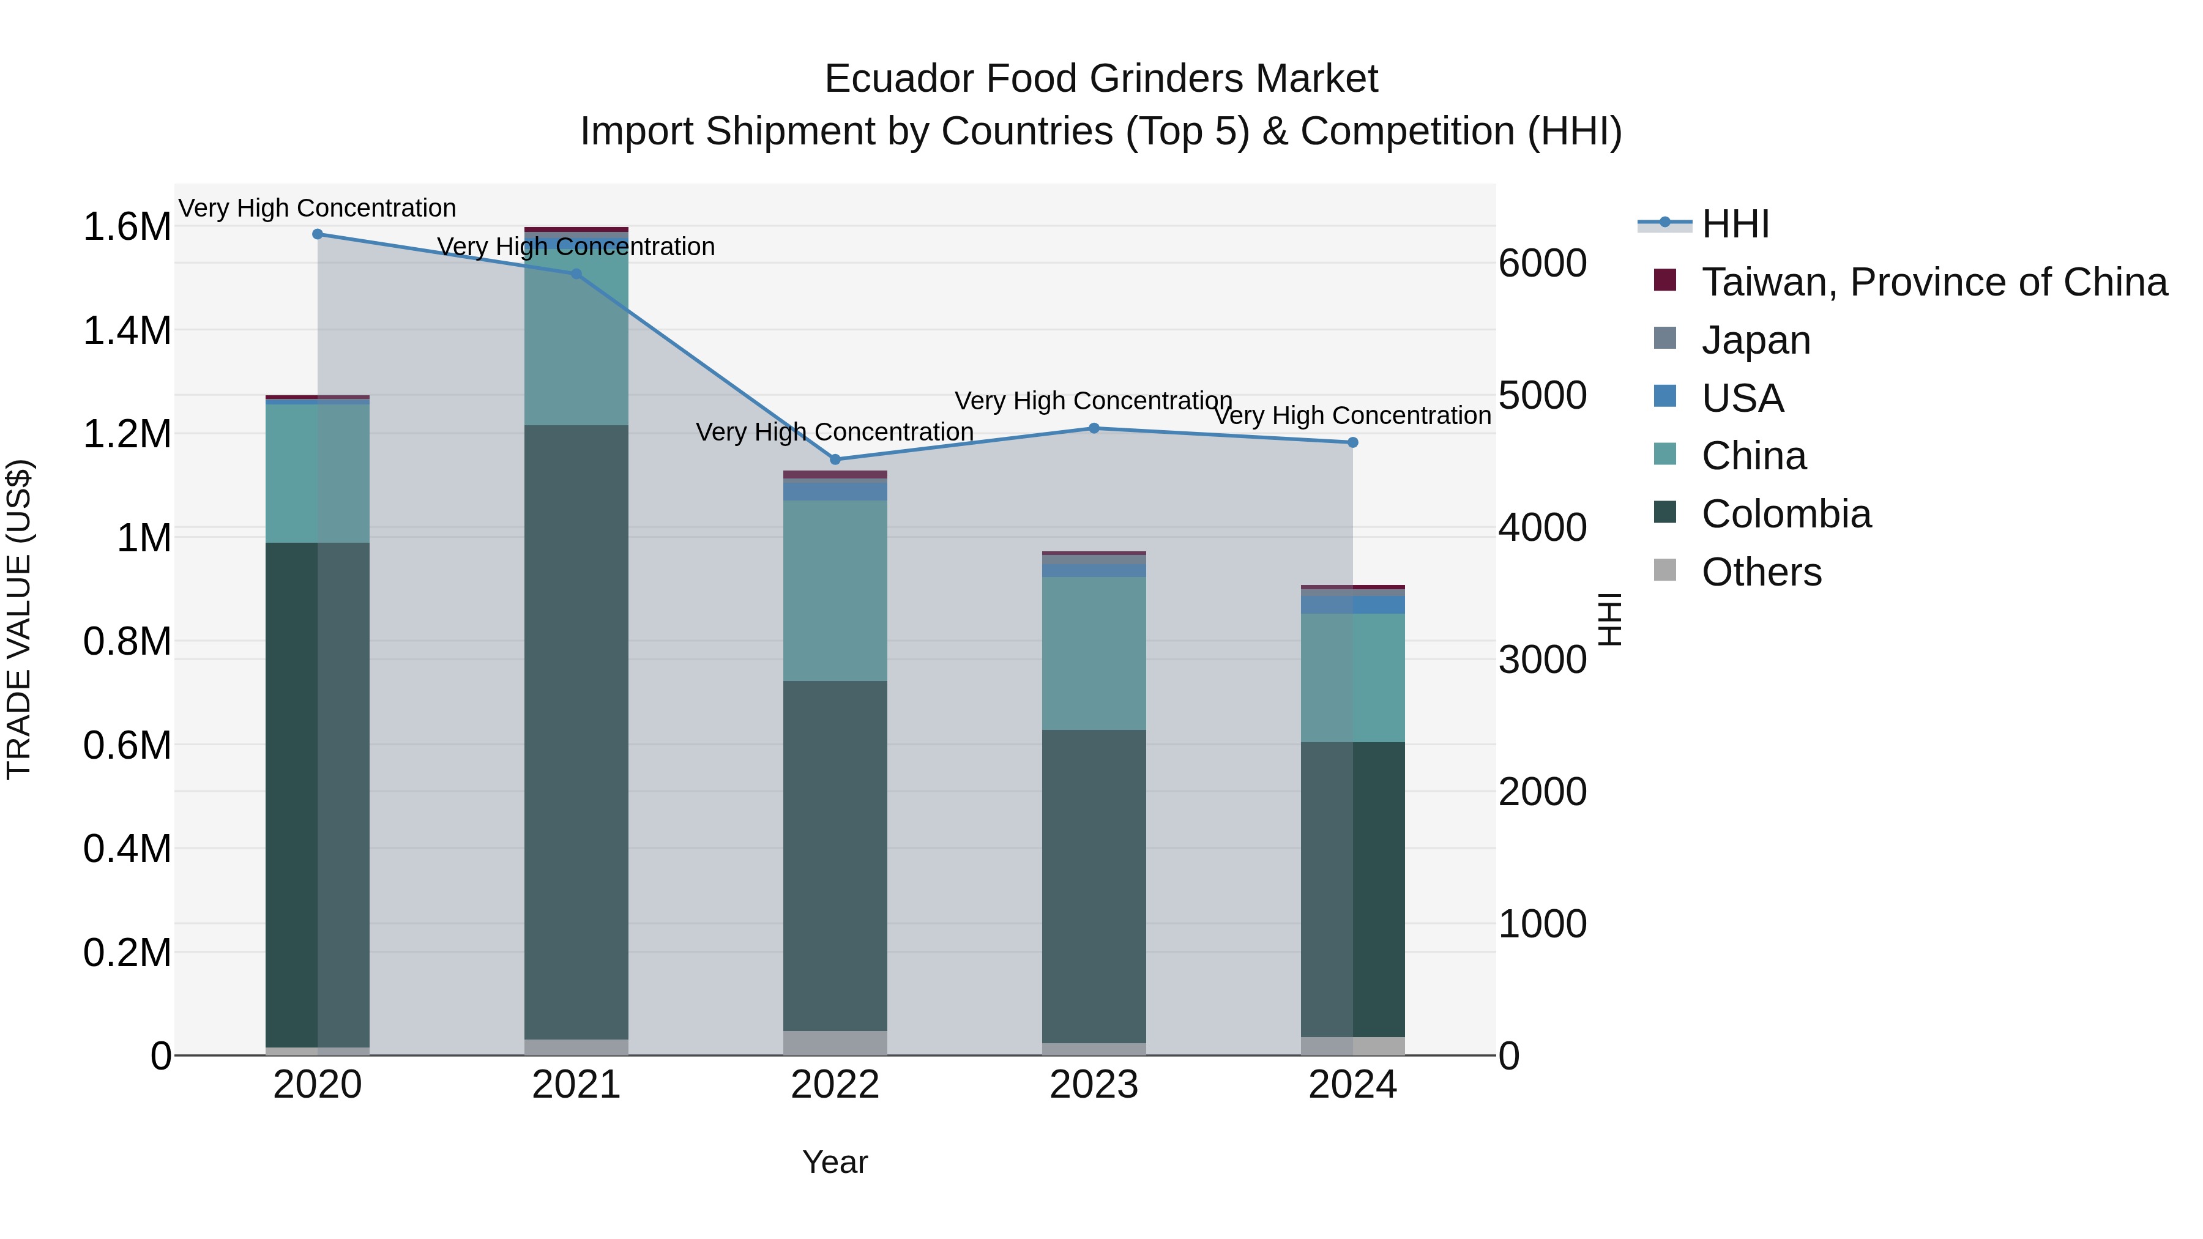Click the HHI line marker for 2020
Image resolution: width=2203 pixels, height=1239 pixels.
pyautogui.click(x=317, y=234)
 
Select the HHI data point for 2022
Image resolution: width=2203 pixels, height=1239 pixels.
pyautogui.click(x=835, y=459)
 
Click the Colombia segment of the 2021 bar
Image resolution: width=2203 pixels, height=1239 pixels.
pyautogui.click(x=576, y=731)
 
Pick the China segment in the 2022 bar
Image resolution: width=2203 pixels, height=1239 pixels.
pyautogui.click(x=835, y=590)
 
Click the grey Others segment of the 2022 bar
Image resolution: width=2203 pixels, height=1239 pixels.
pyautogui.click(x=835, y=1043)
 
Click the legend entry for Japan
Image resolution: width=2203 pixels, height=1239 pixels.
pyautogui.click(x=1756, y=340)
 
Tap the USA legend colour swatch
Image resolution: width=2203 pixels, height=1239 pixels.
pyautogui.click(x=1665, y=396)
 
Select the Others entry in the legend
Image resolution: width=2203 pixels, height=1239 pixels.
pyautogui.click(x=1761, y=572)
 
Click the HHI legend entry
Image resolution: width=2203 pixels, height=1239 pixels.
pyautogui.click(x=1734, y=224)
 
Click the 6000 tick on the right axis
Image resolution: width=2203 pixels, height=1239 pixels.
pyautogui.click(x=1543, y=263)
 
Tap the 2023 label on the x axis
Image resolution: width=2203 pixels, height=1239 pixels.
pyautogui.click(x=1094, y=1085)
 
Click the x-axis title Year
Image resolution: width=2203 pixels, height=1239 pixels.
pyautogui.click(x=835, y=1162)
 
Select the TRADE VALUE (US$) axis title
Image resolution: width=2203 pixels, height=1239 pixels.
pyautogui.click(x=20, y=619)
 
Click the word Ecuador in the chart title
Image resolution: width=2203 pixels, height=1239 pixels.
pyautogui.click(x=897, y=79)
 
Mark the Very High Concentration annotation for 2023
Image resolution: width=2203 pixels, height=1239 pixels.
pyautogui.click(x=1093, y=400)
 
